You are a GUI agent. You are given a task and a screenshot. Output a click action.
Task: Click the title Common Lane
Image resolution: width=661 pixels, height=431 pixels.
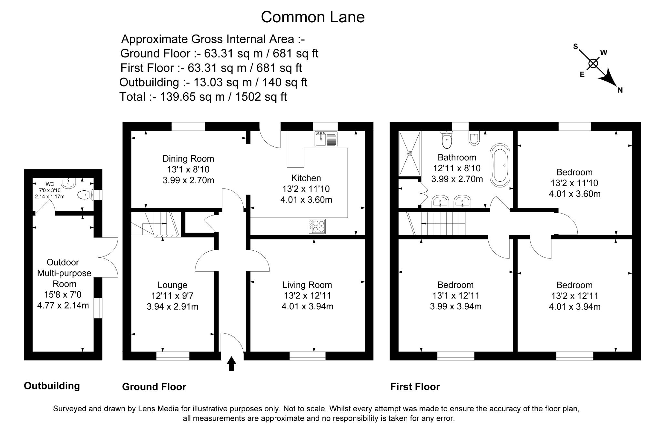click(x=312, y=17)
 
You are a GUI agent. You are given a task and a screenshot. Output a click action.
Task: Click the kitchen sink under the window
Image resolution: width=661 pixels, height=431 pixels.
click(x=326, y=139)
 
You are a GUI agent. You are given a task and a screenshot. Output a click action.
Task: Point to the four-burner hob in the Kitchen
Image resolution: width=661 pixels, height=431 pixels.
click(x=317, y=226)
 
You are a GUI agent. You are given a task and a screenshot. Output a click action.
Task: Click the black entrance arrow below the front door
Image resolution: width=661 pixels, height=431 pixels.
click(x=231, y=364)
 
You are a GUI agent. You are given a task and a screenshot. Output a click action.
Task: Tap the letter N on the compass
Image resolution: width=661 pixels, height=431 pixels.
click(x=620, y=90)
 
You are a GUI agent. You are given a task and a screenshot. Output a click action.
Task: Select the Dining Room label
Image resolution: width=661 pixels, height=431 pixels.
click(x=188, y=159)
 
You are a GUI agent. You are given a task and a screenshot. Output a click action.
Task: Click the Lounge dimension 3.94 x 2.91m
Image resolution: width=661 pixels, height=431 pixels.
click(x=172, y=306)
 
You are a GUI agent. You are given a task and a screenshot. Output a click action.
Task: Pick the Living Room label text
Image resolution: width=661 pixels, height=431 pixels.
click(x=307, y=285)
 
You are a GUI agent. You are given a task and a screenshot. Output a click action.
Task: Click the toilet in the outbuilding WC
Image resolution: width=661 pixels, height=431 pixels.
click(x=85, y=195)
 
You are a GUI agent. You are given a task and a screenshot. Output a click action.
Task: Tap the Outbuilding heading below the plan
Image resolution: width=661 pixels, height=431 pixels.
click(x=52, y=386)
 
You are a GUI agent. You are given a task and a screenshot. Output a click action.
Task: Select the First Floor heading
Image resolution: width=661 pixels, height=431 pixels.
click(x=415, y=386)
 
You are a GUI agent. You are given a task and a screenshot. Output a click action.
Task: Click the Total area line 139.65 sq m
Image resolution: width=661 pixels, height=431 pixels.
click(x=203, y=97)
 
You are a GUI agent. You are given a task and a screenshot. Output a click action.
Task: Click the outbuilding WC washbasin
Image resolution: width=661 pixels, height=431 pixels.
click(x=68, y=183)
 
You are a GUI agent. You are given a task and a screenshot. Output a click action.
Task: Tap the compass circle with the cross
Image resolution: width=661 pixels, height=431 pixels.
click(x=593, y=63)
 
